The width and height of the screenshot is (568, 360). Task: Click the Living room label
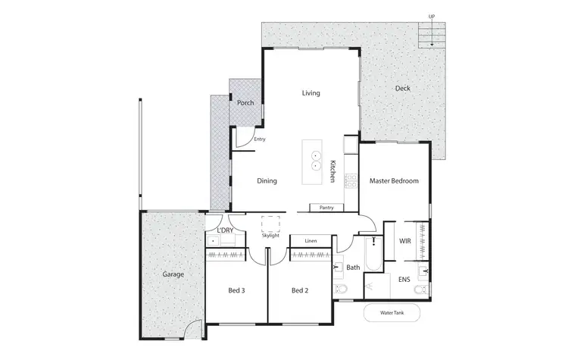click(x=311, y=93)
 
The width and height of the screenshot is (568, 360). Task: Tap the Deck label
click(x=402, y=89)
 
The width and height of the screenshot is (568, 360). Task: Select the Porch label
click(x=245, y=103)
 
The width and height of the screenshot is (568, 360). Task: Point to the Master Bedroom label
click(x=394, y=181)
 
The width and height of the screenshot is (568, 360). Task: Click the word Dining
click(x=267, y=181)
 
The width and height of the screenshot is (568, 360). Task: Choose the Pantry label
click(x=326, y=208)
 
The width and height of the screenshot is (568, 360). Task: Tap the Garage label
click(x=174, y=274)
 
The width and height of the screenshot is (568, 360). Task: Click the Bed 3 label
click(x=236, y=290)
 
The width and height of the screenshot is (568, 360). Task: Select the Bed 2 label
click(x=299, y=290)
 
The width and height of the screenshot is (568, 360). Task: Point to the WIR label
click(x=404, y=241)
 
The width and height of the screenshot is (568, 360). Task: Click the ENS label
click(x=404, y=280)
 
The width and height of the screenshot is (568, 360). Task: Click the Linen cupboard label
click(x=311, y=241)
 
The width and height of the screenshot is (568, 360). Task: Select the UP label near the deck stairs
click(x=432, y=15)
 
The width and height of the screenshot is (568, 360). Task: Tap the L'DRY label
click(x=225, y=230)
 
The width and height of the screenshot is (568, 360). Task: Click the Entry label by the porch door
click(x=260, y=139)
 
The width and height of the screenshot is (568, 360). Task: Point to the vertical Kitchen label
click(x=332, y=171)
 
